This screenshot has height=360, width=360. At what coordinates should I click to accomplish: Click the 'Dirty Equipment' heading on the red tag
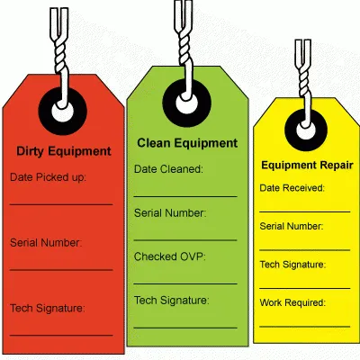click(64, 152)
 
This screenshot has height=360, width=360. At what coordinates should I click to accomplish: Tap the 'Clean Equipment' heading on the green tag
click(187, 144)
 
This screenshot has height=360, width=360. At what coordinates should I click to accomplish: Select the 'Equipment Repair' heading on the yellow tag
click(307, 166)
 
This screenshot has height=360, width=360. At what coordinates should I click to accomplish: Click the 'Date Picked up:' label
click(48, 177)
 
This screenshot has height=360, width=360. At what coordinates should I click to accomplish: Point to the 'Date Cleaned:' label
click(168, 169)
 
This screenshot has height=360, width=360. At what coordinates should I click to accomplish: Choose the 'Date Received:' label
click(292, 188)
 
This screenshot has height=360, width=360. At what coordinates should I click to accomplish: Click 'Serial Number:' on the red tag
click(46, 242)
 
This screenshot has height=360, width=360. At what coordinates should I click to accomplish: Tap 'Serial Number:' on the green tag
click(170, 213)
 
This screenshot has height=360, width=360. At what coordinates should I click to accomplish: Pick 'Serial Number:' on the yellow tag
click(292, 226)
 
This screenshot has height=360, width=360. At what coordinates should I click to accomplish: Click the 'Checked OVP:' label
click(170, 256)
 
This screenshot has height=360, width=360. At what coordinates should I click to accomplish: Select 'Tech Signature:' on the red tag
click(48, 309)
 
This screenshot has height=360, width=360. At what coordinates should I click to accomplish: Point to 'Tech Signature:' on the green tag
click(171, 301)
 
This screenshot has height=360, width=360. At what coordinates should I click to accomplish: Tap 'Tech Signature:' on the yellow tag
click(292, 265)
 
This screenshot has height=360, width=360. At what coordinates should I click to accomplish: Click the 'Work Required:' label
click(292, 302)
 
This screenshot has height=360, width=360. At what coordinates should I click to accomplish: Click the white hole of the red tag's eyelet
click(62, 112)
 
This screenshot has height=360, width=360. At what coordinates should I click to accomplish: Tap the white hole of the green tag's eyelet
click(186, 103)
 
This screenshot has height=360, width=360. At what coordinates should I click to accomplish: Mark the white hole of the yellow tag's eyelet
click(306, 130)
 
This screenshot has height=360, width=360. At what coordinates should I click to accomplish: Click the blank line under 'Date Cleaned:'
click(185, 197)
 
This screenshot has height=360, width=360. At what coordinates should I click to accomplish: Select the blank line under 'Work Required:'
click(305, 327)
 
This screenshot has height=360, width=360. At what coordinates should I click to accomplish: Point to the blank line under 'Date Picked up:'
click(61, 204)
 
